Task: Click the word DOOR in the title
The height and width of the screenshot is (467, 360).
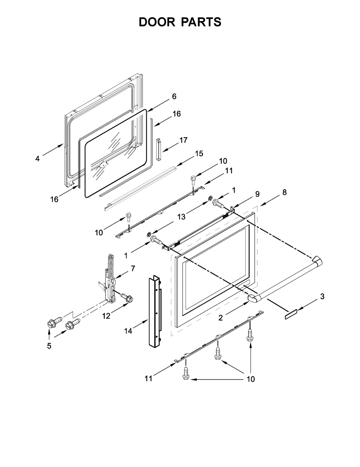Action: [157, 22]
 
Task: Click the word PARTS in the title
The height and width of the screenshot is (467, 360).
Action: [201, 22]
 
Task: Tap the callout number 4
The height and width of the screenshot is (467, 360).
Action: [37, 159]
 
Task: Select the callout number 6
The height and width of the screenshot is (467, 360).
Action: [174, 96]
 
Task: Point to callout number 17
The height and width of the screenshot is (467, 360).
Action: [183, 140]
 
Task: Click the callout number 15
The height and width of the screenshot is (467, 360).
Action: [198, 154]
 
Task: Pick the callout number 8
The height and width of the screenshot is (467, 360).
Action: [285, 192]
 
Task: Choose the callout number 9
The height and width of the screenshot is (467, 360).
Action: [257, 193]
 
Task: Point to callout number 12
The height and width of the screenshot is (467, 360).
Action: [106, 316]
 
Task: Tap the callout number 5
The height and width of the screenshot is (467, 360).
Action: [49, 346]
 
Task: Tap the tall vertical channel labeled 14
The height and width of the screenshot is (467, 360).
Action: [155, 311]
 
